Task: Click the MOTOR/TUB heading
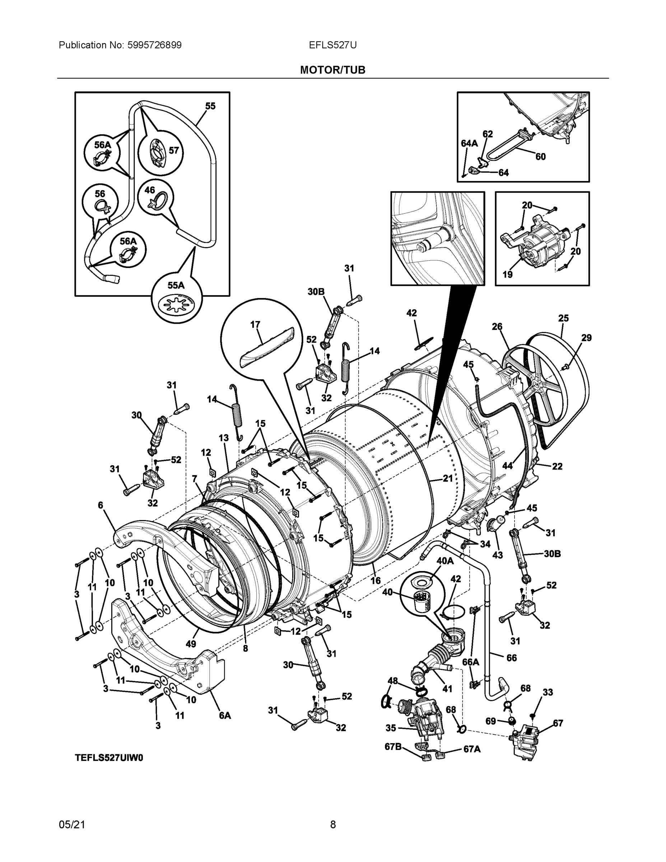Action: pos(332,70)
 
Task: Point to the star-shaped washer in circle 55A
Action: pos(176,305)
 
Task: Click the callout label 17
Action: pos(255,324)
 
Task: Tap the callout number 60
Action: pos(540,157)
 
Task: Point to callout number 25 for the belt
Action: pos(563,318)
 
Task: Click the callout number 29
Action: pos(586,338)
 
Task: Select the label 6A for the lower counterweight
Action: pos(225,715)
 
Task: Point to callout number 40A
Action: pos(444,560)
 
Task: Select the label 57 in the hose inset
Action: pos(174,150)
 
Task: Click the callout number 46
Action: pos(149,190)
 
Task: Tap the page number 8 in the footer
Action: pos(332,825)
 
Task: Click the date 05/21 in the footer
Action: pos(72,825)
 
